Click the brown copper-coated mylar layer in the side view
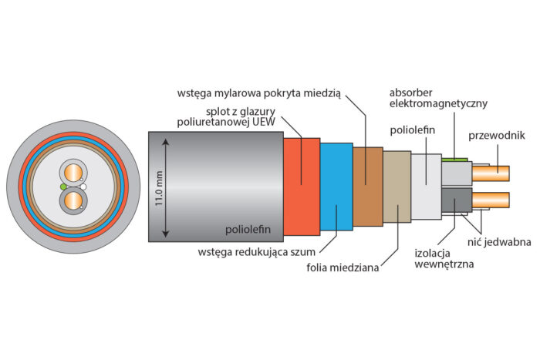point(367,184)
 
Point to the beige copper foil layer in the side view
point(397,187)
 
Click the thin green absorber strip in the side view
point(456,160)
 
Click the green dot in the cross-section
point(62,187)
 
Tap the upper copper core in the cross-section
point(73,170)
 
